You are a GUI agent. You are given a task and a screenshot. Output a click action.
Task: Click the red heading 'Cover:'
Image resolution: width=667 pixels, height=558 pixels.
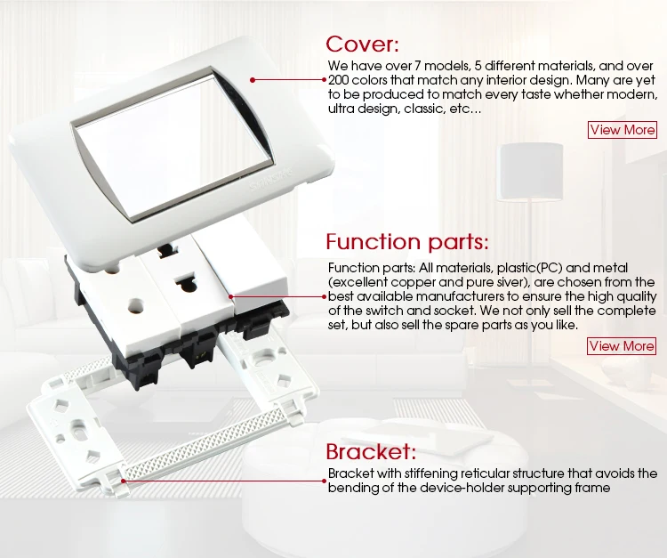(x=363, y=44)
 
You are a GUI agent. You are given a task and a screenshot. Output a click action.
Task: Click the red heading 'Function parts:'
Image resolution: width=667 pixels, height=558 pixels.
(x=407, y=242)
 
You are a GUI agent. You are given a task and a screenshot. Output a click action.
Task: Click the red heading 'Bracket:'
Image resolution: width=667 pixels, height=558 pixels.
(x=371, y=451)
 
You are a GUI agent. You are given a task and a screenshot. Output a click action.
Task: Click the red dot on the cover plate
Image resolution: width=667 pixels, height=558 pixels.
(x=253, y=79)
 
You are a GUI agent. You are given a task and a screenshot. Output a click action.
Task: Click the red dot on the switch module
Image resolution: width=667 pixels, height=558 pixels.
(x=231, y=296)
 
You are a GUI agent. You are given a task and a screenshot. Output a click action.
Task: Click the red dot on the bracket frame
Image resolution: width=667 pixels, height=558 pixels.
(x=123, y=481)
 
